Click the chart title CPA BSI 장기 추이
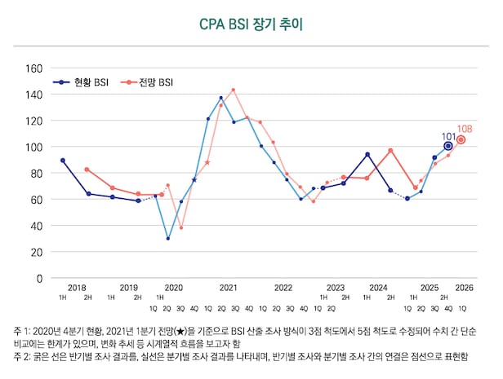(x=251, y=24)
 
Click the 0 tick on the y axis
(x=39, y=278)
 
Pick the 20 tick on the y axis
(x=36, y=252)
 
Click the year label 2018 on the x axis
(x=77, y=288)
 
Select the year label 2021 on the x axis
(x=228, y=288)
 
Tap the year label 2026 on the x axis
(x=464, y=288)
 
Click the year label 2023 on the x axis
(x=335, y=288)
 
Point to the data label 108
(x=465, y=129)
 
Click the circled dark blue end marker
(x=448, y=146)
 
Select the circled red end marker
(x=461, y=139)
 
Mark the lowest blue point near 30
(x=167, y=239)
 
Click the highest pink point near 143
(x=234, y=90)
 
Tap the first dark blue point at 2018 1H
(x=63, y=161)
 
